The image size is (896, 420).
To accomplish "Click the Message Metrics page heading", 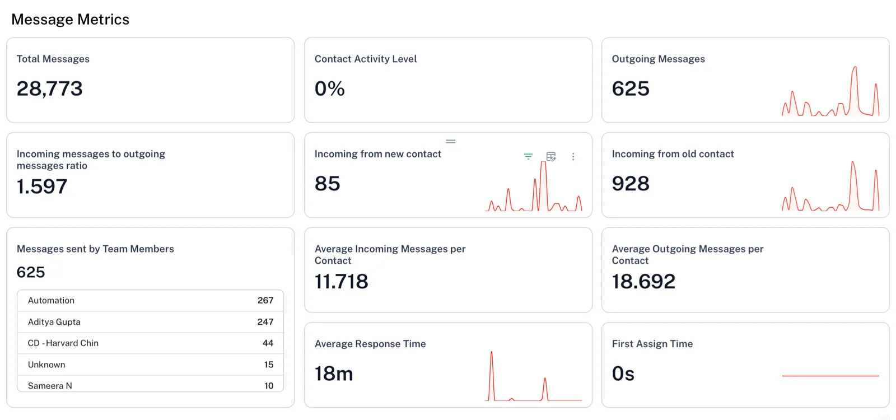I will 70,20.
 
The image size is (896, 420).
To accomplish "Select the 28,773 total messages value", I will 50,88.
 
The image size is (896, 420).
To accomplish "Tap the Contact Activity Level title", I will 365,59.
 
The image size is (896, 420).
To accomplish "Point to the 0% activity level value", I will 329,88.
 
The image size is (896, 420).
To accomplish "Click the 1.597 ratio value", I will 42,186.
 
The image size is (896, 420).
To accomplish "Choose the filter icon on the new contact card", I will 528,157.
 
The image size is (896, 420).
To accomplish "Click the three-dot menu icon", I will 573,157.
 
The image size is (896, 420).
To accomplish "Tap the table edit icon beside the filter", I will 551,157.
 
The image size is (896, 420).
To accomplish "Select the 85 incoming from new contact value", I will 328,184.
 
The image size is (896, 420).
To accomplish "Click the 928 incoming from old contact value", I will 631,184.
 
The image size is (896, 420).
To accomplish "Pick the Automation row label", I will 51,301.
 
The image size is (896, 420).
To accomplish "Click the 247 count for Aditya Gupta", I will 265,322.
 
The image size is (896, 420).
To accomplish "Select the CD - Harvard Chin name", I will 63,343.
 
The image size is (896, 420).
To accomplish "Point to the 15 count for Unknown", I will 269,365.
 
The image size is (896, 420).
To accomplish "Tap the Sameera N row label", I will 50,386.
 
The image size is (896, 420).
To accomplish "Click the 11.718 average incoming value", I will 342,282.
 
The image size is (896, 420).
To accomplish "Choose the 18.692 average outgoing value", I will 643,282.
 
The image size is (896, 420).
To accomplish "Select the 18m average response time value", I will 334,374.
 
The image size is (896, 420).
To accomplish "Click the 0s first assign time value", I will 623,374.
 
